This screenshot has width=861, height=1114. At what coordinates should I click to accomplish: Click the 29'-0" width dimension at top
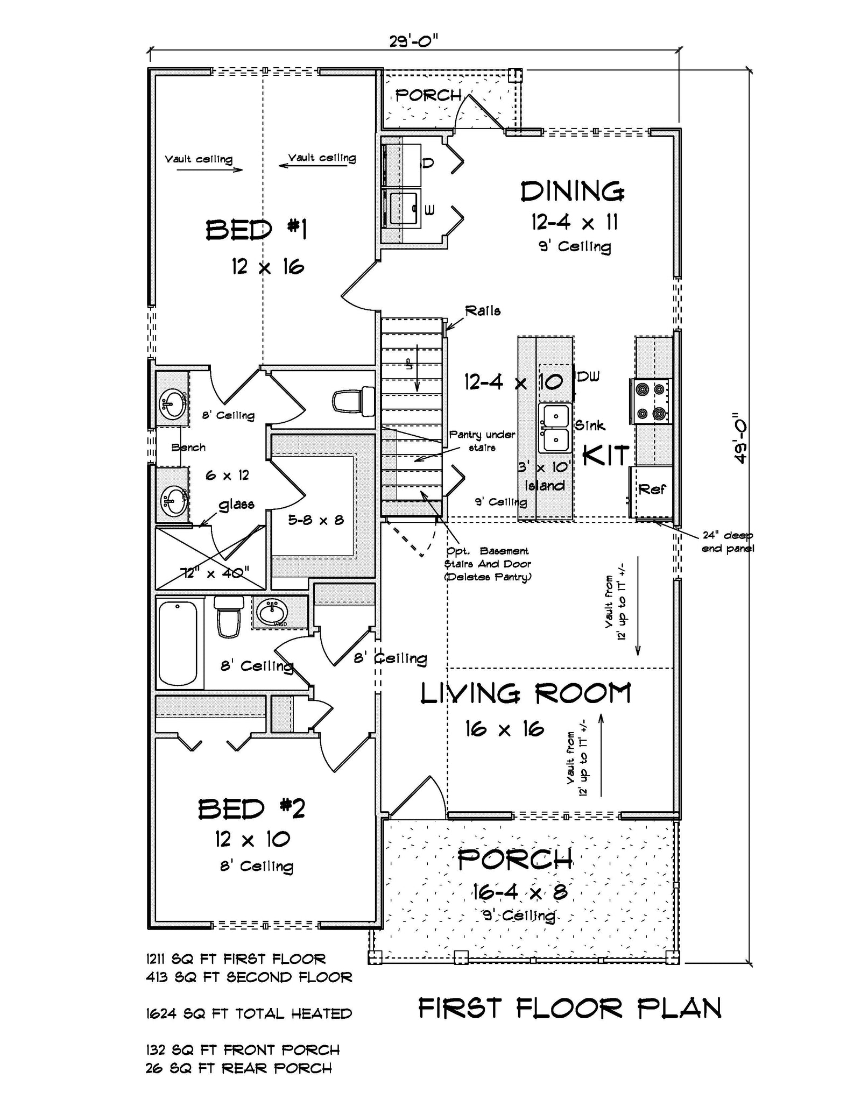(413, 41)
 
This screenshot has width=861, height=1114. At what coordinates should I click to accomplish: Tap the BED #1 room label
(256, 230)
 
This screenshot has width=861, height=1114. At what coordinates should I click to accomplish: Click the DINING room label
(572, 192)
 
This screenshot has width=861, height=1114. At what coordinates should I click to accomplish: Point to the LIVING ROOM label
(525, 693)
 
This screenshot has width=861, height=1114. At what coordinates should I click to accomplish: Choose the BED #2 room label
(251, 808)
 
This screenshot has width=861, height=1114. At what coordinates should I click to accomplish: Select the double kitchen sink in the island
(555, 428)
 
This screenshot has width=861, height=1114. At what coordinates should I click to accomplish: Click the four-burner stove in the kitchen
(650, 401)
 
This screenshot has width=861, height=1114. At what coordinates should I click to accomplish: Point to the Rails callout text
(483, 311)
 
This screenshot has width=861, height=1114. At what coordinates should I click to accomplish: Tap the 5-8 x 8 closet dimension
(315, 520)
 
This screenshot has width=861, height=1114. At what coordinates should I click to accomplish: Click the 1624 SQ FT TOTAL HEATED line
(249, 1014)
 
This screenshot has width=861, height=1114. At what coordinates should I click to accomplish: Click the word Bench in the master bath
(188, 447)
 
